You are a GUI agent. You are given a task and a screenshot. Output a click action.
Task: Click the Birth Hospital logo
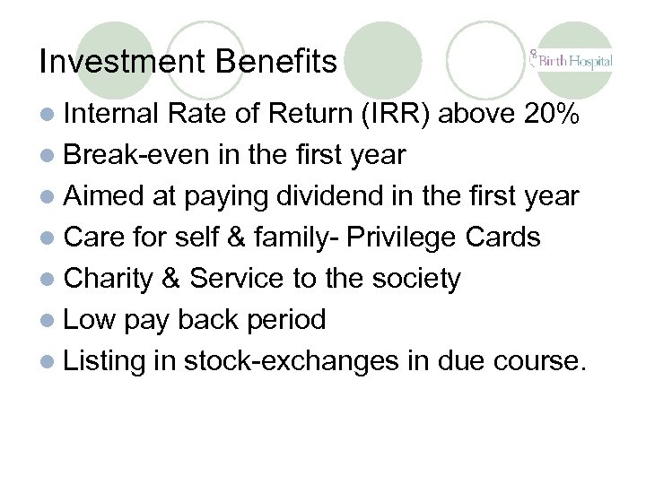tap(571, 60)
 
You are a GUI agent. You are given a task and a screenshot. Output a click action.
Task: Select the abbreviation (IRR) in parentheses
tap(405, 115)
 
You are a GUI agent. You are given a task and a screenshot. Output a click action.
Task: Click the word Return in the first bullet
tap(298, 115)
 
